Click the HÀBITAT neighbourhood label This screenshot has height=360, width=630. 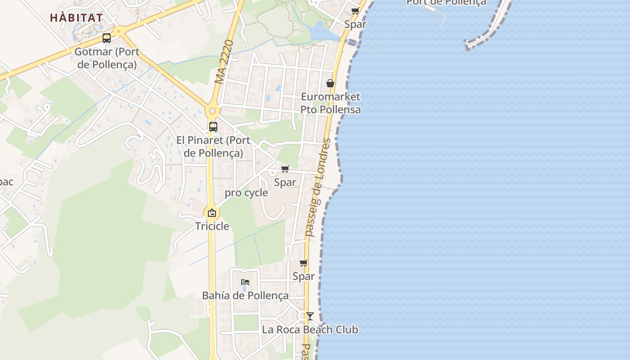pyautogui.click(x=76, y=18)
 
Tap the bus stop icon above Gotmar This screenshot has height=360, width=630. pyautogui.click(x=107, y=38)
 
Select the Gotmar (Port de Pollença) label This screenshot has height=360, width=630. pyautogui.click(x=107, y=58)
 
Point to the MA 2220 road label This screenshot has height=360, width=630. pyautogui.click(x=225, y=62)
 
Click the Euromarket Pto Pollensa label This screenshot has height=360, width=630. pyautogui.click(x=330, y=103)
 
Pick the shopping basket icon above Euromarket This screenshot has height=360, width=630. pyautogui.click(x=330, y=83)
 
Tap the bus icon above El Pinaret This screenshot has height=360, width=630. pyautogui.click(x=213, y=127)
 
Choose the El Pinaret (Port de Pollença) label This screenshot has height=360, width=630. pyautogui.click(x=213, y=147)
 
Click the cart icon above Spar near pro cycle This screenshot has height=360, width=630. pyautogui.click(x=285, y=169)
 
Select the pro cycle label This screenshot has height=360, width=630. pyautogui.click(x=246, y=193)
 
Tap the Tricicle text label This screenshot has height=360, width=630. pyautogui.click(x=212, y=226)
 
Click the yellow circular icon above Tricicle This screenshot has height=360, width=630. pyautogui.click(x=212, y=213)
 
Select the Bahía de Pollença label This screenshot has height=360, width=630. pyautogui.click(x=245, y=296)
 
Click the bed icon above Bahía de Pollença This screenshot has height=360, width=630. pyautogui.click(x=245, y=282)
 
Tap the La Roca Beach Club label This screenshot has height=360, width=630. pyautogui.click(x=310, y=330)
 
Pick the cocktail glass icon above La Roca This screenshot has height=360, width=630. pyautogui.click(x=310, y=316)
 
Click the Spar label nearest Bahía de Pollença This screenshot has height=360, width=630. pyautogui.click(x=304, y=276)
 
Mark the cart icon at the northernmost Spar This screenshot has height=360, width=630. pyautogui.click(x=355, y=11)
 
